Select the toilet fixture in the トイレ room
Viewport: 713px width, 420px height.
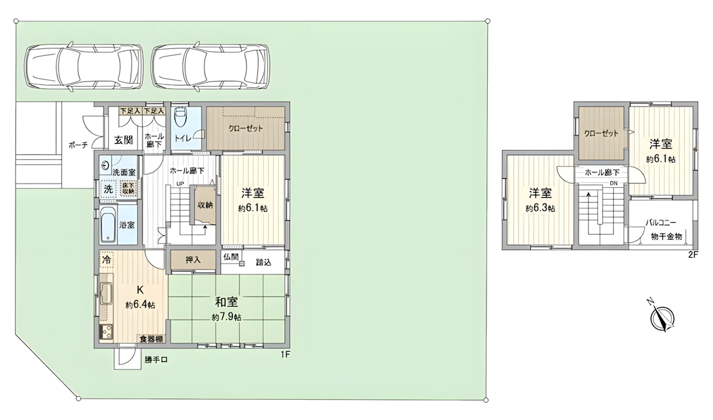pyautogui.click(x=180, y=119)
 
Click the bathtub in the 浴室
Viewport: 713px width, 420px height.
pyautogui.click(x=108, y=226)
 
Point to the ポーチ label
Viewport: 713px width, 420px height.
pyautogui.click(x=78, y=144)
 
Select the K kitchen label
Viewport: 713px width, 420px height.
pyautogui.click(x=140, y=290)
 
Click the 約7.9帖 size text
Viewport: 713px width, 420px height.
pyautogui.click(x=226, y=317)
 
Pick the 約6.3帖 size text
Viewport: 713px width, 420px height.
pyautogui.click(x=540, y=209)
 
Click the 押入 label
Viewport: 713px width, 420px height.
pyautogui.click(x=193, y=260)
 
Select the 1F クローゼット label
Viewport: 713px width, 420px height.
pyautogui.click(x=245, y=128)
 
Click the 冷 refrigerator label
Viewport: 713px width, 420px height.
pyautogui.click(x=106, y=260)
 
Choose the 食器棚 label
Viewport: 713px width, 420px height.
pyautogui.click(x=150, y=339)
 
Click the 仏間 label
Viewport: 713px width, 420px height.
pyautogui.click(x=231, y=257)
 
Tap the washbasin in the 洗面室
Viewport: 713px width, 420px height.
pyautogui.click(x=106, y=165)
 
